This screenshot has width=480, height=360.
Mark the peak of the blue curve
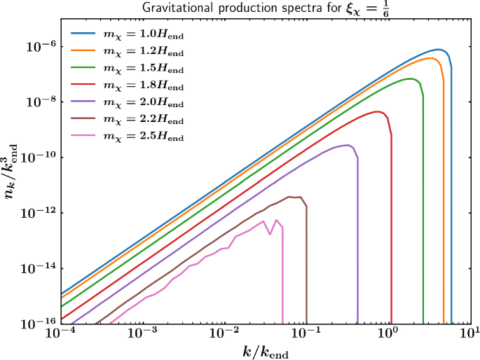(x=439, y=49)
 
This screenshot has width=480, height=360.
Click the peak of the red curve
(x=378, y=111)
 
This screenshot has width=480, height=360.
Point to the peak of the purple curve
(x=346, y=145)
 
